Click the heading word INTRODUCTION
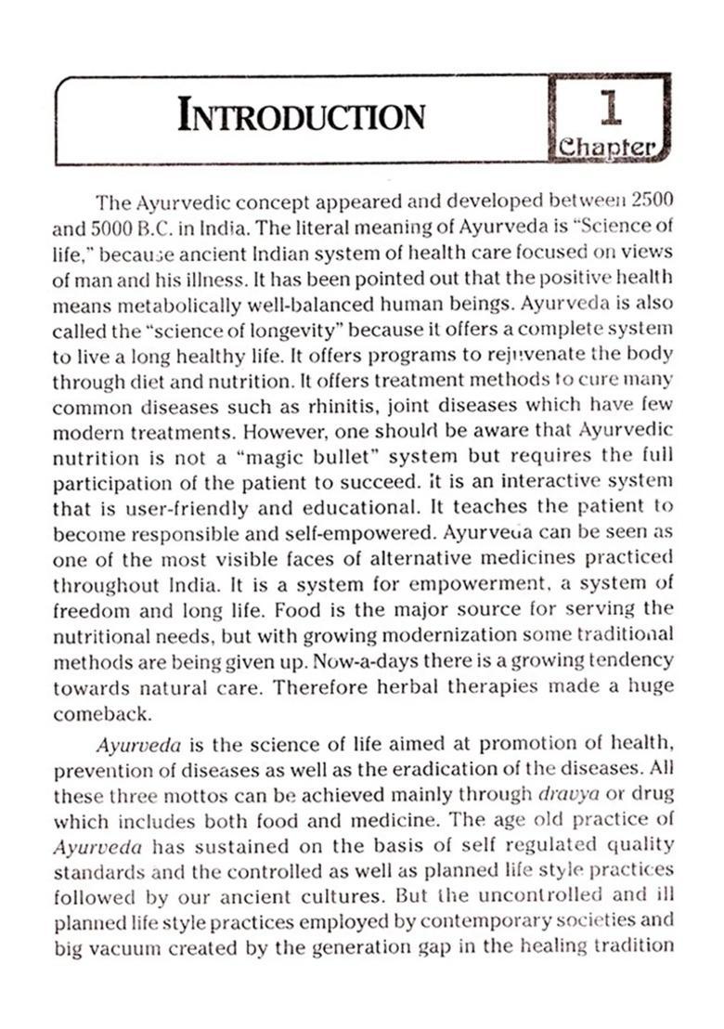click(302, 117)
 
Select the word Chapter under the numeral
click(609, 148)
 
